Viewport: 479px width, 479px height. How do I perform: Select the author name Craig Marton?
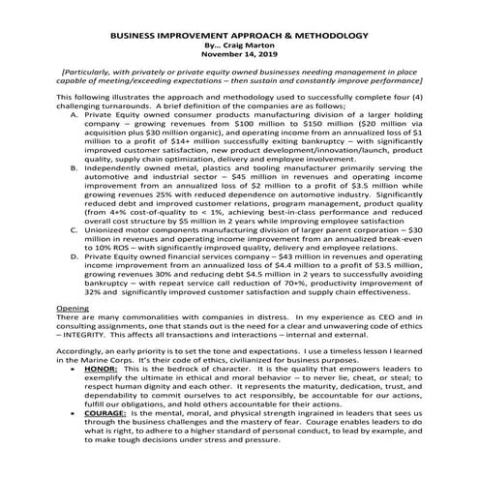[250, 43]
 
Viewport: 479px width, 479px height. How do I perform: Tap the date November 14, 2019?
[239, 54]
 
